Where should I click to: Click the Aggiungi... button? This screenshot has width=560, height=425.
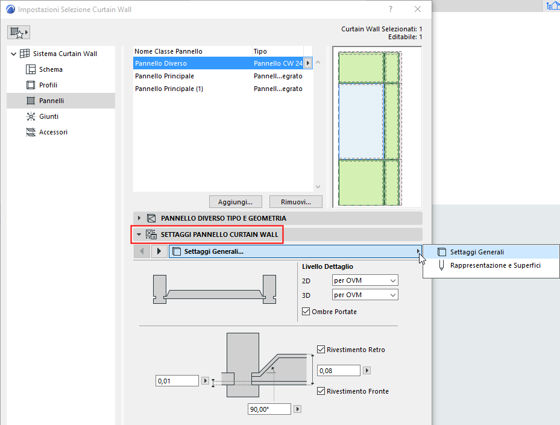tap(235, 201)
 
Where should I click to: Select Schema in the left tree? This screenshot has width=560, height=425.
tap(51, 69)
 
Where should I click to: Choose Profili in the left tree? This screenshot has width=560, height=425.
tap(48, 85)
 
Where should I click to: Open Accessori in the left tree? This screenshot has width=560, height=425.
tap(53, 132)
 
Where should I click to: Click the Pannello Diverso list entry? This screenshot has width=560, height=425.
tap(161, 63)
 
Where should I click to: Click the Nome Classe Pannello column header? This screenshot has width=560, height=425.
tap(169, 51)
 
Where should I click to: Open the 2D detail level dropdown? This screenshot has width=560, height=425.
tap(365, 280)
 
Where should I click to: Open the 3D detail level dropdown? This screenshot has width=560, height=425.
tap(365, 295)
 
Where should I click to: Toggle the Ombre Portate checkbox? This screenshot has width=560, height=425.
tap(307, 312)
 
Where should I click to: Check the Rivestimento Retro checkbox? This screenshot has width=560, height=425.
tap(321, 349)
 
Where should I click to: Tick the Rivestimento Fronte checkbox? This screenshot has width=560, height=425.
tap(321, 391)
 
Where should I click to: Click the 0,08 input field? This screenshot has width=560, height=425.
tap(338, 370)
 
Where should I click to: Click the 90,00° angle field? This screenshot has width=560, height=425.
tap(269, 409)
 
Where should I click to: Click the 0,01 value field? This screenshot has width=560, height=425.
tap(177, 381)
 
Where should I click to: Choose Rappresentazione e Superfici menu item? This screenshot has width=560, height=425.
tap(495, 265)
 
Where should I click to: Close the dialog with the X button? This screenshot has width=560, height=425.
tap(418, 9)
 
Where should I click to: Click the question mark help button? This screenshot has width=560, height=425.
tap(391, 9)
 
